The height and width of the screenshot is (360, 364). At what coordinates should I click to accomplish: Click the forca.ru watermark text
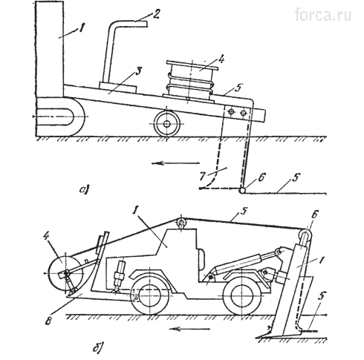(323, 14)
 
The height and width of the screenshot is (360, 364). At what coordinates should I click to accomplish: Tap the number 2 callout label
(155, 13)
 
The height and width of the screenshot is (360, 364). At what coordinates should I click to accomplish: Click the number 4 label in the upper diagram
(220, 59)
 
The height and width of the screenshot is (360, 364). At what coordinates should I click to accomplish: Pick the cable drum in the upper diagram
(191, 81)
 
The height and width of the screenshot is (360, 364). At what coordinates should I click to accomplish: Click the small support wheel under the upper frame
(167, 123)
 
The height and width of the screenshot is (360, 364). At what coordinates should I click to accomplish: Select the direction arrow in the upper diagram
(176, 163)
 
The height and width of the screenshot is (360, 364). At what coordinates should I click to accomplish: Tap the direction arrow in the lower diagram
(189, 329)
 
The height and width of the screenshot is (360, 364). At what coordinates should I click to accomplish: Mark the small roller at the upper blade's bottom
(242, 190)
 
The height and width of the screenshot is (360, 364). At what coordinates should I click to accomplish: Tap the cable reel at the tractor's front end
(66, 274)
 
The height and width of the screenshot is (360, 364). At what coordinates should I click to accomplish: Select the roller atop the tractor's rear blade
(305, 234)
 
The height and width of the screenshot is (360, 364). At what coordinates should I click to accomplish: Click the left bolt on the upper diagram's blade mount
(231, 112)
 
